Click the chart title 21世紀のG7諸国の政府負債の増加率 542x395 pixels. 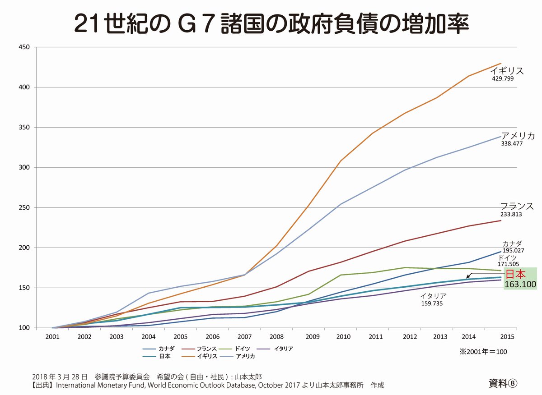point(271,23)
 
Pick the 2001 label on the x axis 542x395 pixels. point(53,337)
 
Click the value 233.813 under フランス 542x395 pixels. point(511,215)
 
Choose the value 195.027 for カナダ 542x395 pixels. point(514,251)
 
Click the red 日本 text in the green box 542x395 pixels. point(515,274)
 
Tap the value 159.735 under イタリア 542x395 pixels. point(431,304)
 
